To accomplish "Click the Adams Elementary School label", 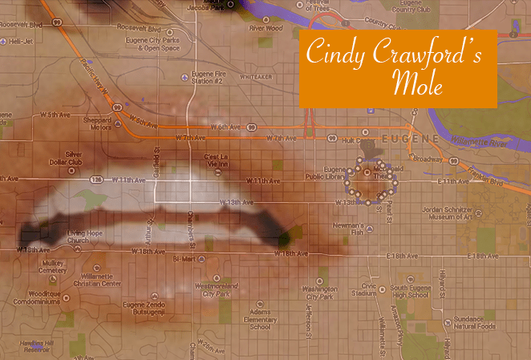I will coord(261,319).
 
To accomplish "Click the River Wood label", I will coord(265,28).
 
